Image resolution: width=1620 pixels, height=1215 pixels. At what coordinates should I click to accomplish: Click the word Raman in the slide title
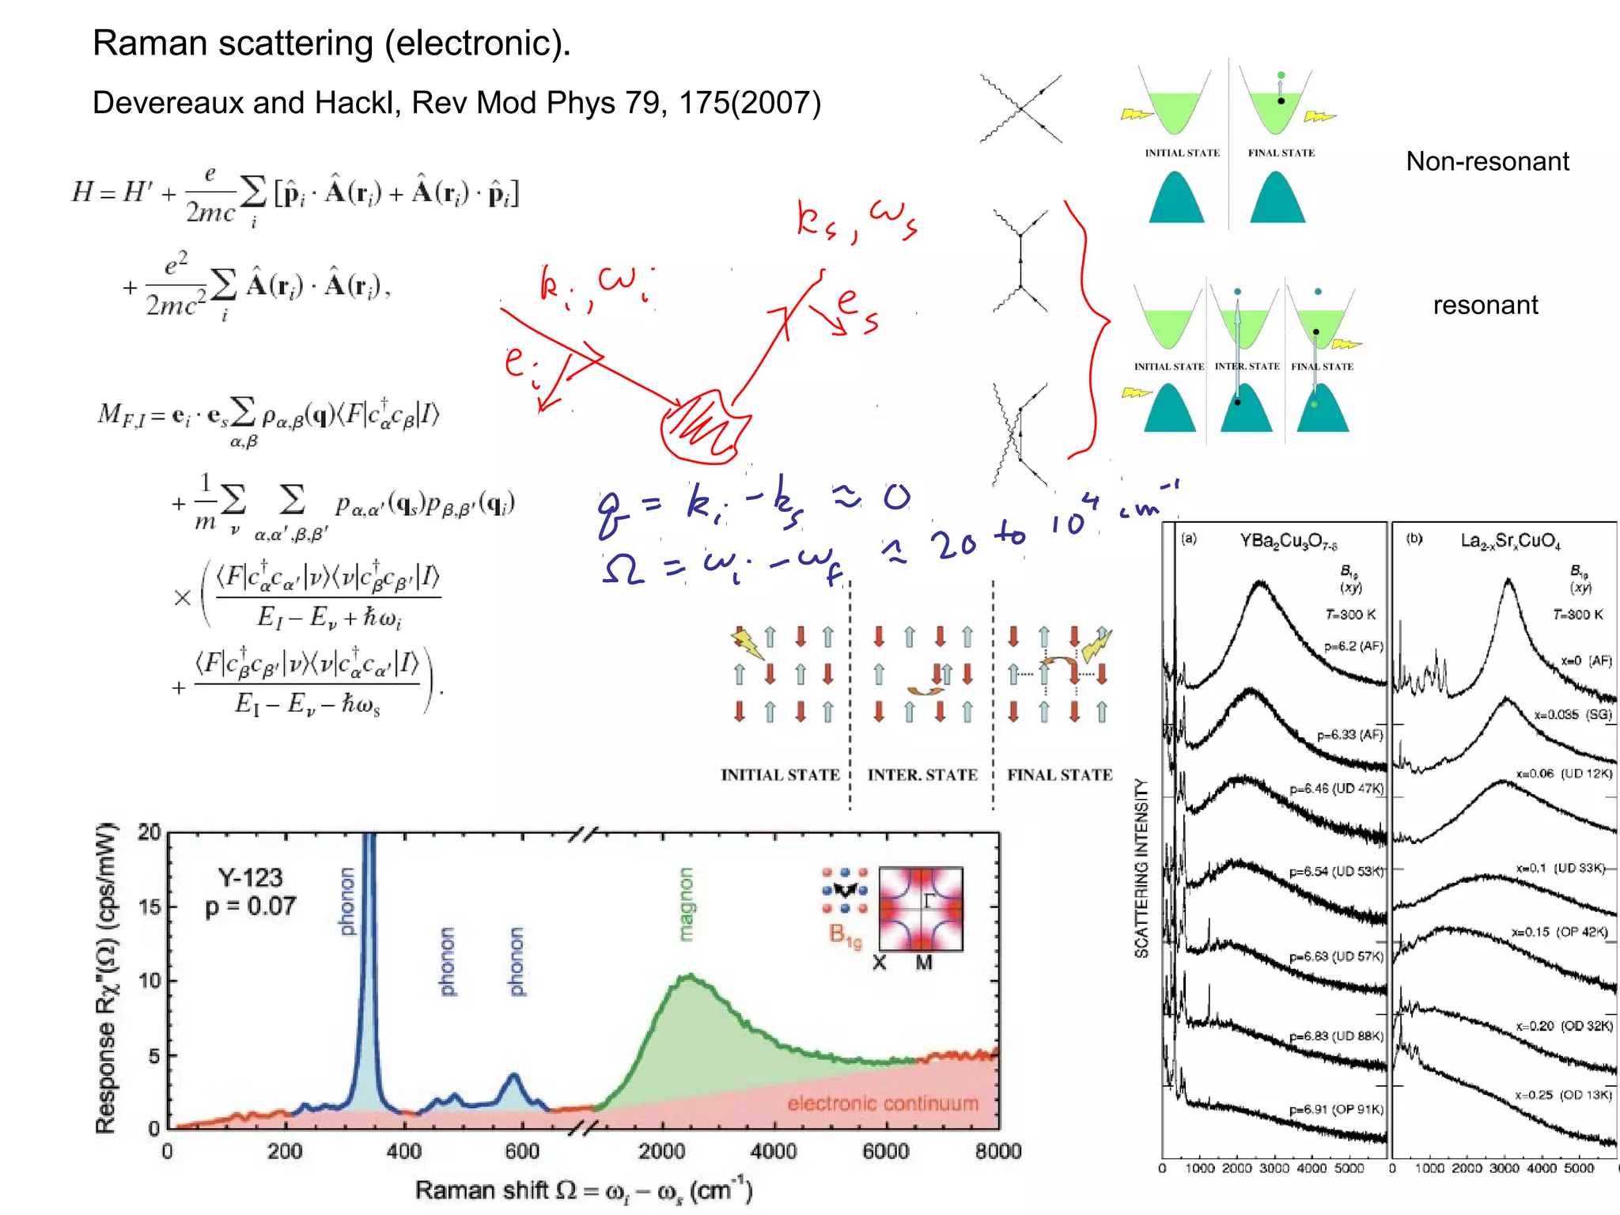150,44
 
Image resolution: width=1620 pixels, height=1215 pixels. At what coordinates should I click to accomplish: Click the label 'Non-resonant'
1487,161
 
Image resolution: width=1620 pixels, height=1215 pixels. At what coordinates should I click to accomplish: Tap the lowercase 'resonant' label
1486,305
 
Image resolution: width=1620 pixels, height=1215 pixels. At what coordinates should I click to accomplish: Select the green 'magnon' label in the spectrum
686,904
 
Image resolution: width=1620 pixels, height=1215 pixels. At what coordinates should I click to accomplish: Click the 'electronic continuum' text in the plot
883,1103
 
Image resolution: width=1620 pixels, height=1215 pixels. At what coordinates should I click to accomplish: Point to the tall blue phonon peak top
369,838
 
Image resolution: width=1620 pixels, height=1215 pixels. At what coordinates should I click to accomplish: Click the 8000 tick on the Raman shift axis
998,1151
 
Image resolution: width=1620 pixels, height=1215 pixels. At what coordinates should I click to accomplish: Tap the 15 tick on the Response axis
149,907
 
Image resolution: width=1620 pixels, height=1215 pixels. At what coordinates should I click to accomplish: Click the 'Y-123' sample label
250,877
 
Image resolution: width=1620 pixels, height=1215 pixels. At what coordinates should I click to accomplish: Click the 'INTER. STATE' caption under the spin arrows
922,775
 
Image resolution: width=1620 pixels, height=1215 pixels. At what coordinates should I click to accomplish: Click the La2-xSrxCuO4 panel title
1510,542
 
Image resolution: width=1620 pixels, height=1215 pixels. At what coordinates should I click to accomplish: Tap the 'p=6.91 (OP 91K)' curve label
1336,1110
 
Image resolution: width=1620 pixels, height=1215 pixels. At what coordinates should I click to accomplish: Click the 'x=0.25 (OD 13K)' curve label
1563,1096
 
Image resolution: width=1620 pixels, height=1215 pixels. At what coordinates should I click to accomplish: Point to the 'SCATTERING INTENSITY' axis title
1141,868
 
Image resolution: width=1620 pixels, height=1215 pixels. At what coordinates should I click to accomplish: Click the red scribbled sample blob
702,428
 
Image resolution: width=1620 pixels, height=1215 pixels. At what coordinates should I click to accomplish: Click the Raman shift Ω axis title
583,1190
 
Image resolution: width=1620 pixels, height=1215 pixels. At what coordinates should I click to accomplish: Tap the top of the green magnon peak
690,978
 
